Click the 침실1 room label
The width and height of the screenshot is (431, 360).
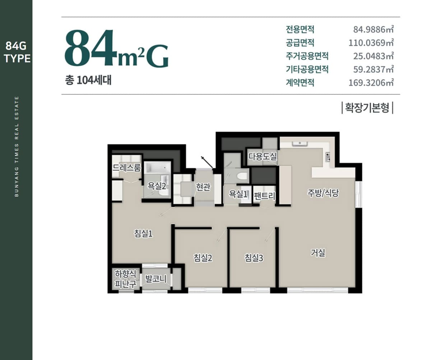tap(143, 234)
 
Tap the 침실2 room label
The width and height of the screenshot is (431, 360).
tap(203, 258)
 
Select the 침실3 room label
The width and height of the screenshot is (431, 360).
tap(254, 258)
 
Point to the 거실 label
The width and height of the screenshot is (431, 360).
tap(318, 253)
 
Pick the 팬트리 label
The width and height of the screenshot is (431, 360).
tap(264, 196)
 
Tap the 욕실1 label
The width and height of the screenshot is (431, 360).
tap(238, 194)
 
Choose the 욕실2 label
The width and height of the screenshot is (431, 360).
tap(157, 186)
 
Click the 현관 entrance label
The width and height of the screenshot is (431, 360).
tap(203, 187)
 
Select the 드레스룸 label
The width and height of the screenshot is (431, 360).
tap(127, 168)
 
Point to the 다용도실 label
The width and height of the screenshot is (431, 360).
tap(262, 156)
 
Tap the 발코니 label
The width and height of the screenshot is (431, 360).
tap(156, 279)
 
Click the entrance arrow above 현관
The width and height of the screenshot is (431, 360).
tap(207, 162)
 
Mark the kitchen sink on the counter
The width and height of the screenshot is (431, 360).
tap(300, 144)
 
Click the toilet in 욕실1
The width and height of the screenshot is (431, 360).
tap(242, 176)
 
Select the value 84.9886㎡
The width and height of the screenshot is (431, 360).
tap(374, 29)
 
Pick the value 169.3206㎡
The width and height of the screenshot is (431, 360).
tap(371, 83)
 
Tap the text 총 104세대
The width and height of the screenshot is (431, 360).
tap(88, 80)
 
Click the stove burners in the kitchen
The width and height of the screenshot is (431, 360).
tap(327, 157)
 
